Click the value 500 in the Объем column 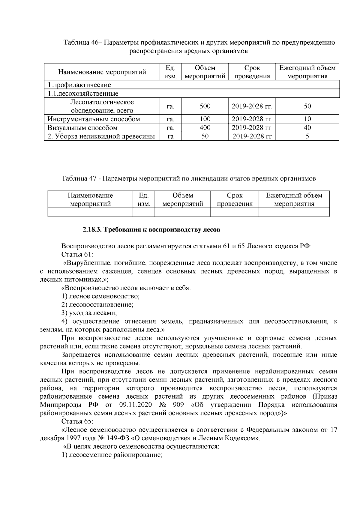point(205,106)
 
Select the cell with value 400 point(205,128)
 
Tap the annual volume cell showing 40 point(307,128)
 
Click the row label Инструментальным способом point(94,119)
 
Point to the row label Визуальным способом point(82,128)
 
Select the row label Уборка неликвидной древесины point(101,136)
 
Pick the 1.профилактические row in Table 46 point(79,85)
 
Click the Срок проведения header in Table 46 point(252,72)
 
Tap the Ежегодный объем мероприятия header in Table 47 point(294,200)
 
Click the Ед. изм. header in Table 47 point(144,200)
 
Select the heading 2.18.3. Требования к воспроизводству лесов point(151,230)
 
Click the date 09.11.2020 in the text point(136,405)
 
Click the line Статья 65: point(77,421)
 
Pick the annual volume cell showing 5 point(307,136)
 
